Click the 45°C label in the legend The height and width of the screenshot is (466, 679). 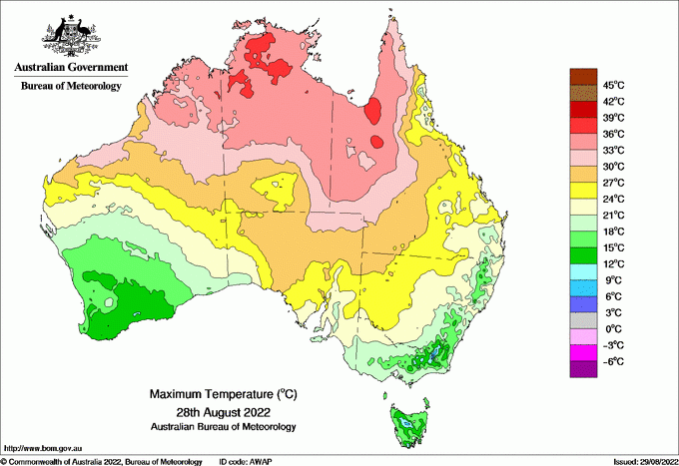pos(611,85)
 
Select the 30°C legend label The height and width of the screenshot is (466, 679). pos(611,166)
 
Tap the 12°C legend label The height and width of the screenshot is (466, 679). pos(611,263)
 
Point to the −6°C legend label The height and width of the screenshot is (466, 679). pos(611,361)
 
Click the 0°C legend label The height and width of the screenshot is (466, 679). pos(611,328)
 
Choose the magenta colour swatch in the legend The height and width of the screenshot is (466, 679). pos(582,353)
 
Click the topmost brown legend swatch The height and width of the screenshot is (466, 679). pos(582,76)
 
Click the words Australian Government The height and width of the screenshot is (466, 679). pos(71,68)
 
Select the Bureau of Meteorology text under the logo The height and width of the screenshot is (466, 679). pos(71,87)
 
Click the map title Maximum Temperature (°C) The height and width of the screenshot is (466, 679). pos(221,395)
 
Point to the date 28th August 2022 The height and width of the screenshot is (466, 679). pos(221,411)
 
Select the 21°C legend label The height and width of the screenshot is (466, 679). pos(611,215)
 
